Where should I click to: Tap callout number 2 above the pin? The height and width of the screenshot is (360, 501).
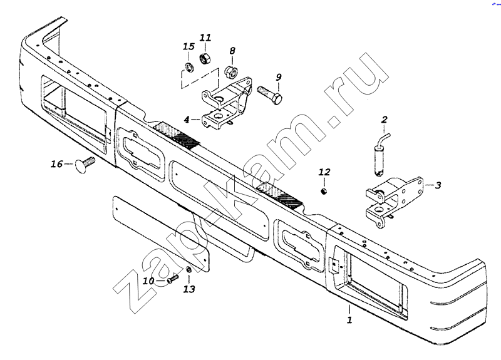coord(384,119)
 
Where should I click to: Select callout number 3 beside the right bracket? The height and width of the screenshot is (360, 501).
coord(438,185)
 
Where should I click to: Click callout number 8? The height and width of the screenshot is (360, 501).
coord(232,50)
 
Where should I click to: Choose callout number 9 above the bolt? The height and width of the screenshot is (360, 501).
coord(279,77)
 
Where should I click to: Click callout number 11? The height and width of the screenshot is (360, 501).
coord(205,38)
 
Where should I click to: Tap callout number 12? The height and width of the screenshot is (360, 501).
coord(324,172)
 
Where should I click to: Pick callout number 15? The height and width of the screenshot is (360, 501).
coord(188,47)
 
